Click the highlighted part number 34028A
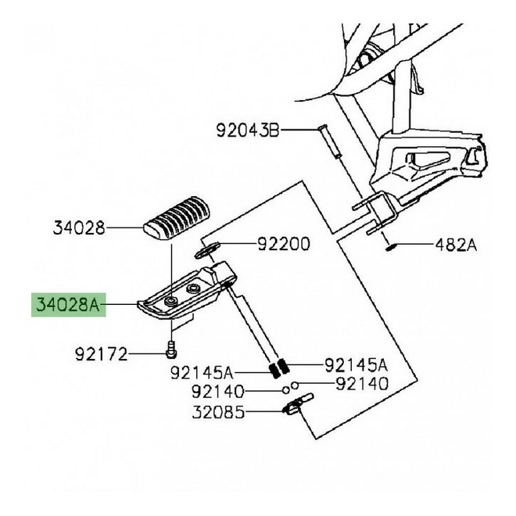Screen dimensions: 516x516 pos(68,305)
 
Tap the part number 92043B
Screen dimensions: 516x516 pos(248,131)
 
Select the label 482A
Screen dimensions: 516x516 pos(456,245)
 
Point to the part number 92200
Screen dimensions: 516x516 pos(283,244)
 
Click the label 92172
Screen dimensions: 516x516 pos(101,354)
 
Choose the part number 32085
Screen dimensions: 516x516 pos(218,412)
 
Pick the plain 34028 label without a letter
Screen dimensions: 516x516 pos(79,228)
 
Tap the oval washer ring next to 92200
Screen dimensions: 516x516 pos(207,249)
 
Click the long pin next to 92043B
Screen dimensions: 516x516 pos(329,142)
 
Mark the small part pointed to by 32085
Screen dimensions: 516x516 pos(298,403)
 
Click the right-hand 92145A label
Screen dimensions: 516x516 pos(357,365)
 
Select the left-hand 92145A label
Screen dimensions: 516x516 pos(202,373)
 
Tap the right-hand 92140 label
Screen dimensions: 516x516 pos(362,383)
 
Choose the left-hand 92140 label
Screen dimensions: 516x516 pos(218,392)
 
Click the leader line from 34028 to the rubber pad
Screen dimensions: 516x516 pos(125,228)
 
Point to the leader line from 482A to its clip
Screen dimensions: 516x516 pos(413,245)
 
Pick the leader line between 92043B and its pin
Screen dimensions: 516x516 pos(299,130)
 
